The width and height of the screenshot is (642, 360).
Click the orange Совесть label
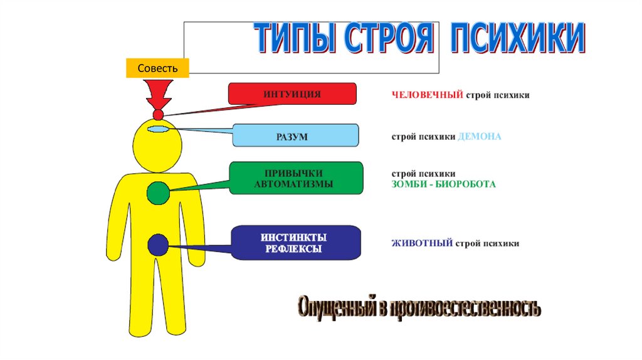point(157,68)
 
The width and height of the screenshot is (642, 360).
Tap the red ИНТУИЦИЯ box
point(292,93)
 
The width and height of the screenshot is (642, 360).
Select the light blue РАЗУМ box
point(295,135)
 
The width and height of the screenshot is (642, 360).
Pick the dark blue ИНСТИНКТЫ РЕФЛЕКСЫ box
point(295,243)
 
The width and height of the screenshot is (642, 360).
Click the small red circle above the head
point(158,115)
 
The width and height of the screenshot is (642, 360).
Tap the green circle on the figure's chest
point(158,193)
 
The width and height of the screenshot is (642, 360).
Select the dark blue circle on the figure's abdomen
point(158,245)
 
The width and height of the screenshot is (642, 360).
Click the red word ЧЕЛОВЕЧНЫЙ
point(428,95)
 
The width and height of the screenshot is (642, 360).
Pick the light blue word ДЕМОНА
point(480,136)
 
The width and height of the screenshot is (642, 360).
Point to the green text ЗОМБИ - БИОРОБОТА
point(443,184)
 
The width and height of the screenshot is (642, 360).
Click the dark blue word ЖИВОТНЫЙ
point(422,243)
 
